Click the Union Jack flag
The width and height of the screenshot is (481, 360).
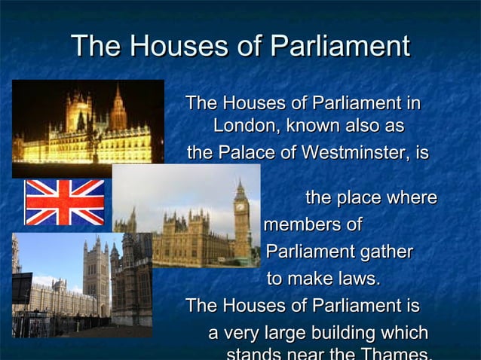65,202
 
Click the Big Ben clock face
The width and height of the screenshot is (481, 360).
240,204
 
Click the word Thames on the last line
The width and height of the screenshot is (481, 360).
398,353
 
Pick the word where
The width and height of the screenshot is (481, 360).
412,198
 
